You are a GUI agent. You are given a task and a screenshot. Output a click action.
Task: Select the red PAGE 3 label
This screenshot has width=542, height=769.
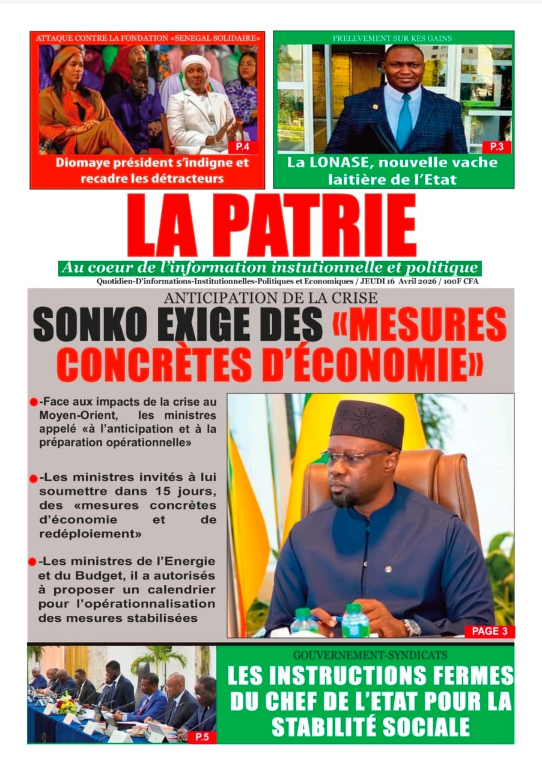coord(489,631)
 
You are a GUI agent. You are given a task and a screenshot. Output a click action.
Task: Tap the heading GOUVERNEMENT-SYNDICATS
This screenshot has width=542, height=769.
coord(365,654)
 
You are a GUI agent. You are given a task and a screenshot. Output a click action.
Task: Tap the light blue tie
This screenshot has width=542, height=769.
coord(404,121)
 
